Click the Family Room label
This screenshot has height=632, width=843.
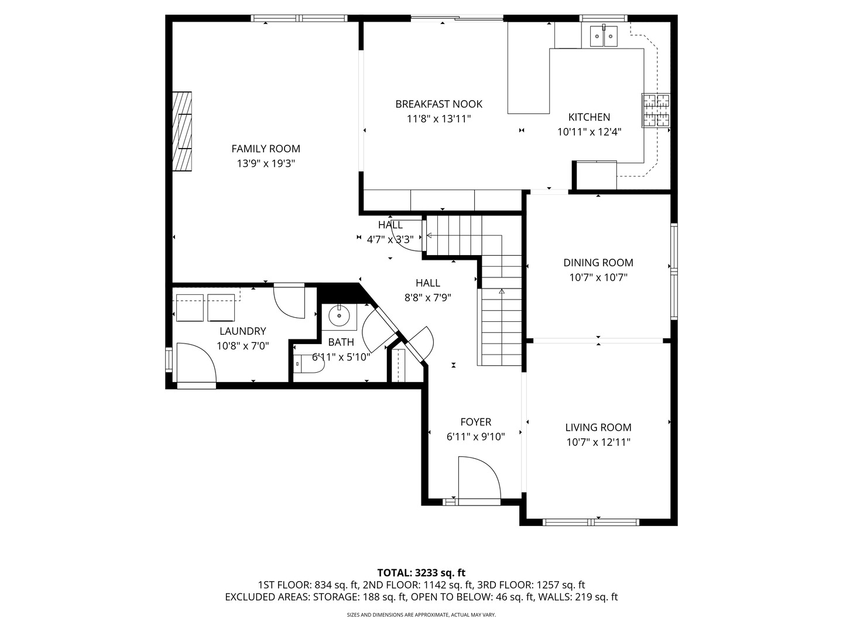click(x=266, y=149)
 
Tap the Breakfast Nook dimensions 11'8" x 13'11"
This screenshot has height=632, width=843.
click(x=438, y=119)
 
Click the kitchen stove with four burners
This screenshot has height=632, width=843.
click(x=656, y=111)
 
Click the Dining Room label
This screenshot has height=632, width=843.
click(x=598, y=263)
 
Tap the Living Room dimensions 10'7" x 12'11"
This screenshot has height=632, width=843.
click(x=598, y=442)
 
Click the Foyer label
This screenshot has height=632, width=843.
click(x=475, y=422)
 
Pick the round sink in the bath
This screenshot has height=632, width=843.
click(x=339, y=317)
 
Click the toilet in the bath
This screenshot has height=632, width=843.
click(x=309, y=365)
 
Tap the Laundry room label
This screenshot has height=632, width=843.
click(x=242, y=331)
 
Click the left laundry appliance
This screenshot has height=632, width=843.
click(x=190, y=308)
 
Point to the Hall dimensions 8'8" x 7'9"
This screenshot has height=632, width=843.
click(x=427, y=297)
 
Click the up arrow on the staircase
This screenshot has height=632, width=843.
click(x=502, y=291)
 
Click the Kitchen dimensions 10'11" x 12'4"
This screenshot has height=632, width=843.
click(x=589, y=132)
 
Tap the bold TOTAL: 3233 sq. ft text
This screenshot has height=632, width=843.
click(x=421, y=572)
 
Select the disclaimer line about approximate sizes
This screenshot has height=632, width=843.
click(x=421, y=615)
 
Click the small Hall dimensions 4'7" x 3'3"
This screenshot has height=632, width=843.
click(x=390, y=239)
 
